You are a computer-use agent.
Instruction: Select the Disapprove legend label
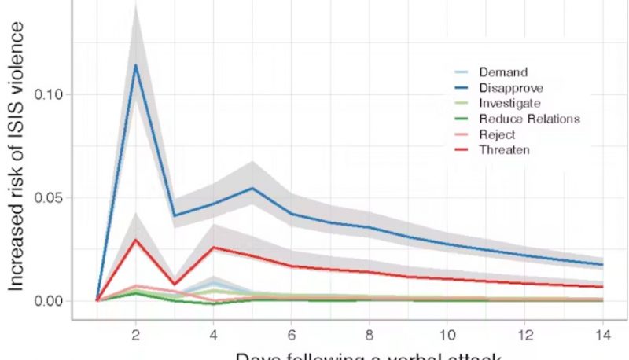click(x=510, y=88)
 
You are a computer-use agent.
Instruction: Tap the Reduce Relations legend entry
click(x=529, y=119)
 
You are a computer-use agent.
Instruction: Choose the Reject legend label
click(x=497, y=134)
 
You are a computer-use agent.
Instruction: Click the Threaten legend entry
click(x=504, y=149)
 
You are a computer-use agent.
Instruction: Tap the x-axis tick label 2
click(x=136, y=334)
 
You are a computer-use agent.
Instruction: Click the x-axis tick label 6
click(x=292, y=334)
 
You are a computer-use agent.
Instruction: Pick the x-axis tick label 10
click(x=447, y=334)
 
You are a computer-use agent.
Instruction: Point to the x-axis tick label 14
click(x=602, y=334)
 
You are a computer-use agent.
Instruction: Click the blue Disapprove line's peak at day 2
click(x=136, y=65)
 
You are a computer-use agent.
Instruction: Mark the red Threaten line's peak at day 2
click(x=136, y=240)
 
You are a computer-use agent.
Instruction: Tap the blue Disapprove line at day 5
click(x=252, y=188)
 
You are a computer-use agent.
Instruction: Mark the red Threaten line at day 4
click(x=214, y=248)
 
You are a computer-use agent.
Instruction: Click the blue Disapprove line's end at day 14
click(x=602, y=265)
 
